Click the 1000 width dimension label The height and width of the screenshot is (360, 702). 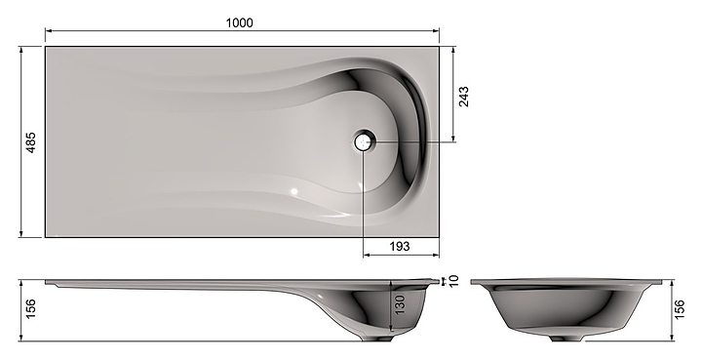239,22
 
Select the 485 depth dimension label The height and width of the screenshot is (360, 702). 31,142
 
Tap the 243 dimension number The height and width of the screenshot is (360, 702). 464,97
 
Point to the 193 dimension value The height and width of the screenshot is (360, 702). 400,246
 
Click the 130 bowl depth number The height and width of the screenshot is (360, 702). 400,304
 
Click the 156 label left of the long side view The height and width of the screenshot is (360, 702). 31,309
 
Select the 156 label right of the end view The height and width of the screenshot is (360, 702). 679,309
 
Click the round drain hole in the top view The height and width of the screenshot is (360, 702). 363,142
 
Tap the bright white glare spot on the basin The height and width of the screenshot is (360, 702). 294,191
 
